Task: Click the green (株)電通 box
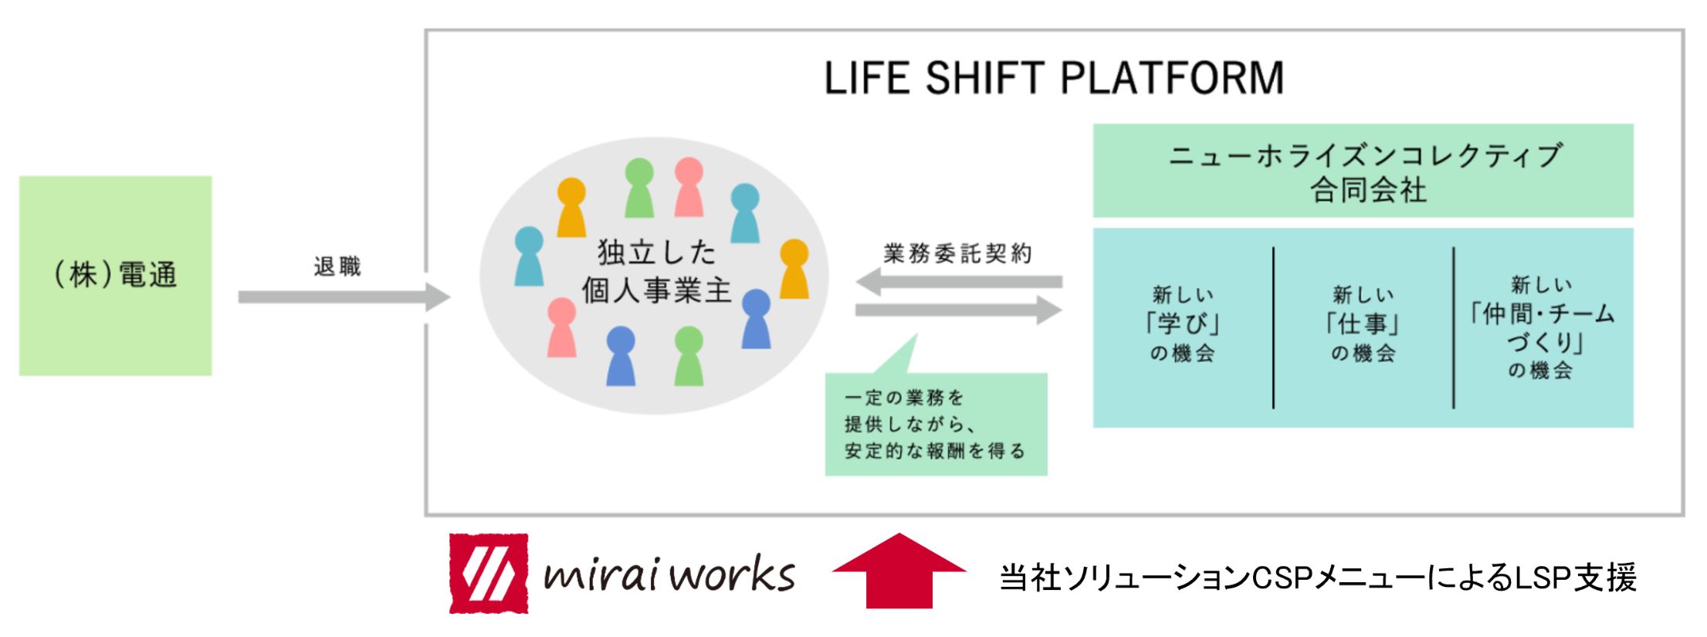tap(115, 275)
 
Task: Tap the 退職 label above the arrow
tap(337, 267)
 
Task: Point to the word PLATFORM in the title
tap(1172, 79)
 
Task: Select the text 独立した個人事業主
tap(656, 272)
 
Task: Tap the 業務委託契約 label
tap(957, 254)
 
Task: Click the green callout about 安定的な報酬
tap(936, 424)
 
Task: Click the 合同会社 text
tap(1367, 191)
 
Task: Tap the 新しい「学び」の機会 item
tap(1182, 324)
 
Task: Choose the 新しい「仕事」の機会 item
tap(1363, 324)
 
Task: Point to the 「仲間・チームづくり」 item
tap(1542, 328)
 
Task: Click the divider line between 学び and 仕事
tap(1273, 327)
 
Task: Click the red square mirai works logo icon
tap(489, 574)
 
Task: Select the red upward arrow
tap(899, 571)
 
